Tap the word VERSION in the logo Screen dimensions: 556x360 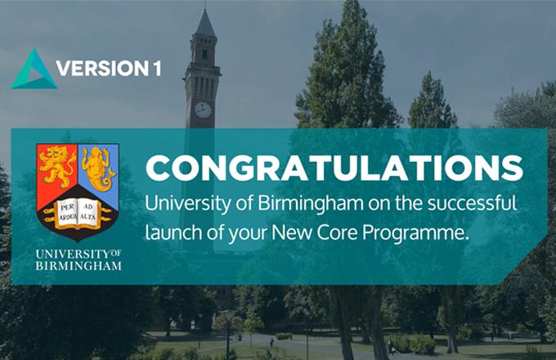pos(102,68)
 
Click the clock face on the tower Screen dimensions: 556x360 pos(203,110)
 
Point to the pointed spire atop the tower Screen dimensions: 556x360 pos(206,22)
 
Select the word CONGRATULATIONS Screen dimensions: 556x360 pos(334,168)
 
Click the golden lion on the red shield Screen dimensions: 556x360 pos(56,165)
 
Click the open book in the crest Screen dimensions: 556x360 pos(78,214)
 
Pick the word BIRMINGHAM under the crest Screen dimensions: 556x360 pos(78,266)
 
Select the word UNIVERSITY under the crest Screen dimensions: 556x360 pos(73,254)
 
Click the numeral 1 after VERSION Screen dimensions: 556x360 pos(157,68)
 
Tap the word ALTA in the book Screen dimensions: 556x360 pos(88,217)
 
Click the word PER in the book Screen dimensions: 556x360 pos(66,207)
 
